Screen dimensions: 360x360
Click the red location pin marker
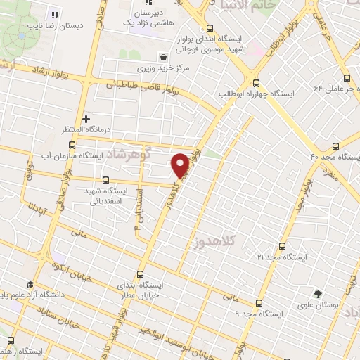181,165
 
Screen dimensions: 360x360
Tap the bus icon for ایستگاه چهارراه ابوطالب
256,81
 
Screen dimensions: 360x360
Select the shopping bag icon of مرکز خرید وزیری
163,57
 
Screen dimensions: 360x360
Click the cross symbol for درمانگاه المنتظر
86,119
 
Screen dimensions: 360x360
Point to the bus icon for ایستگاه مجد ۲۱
283,247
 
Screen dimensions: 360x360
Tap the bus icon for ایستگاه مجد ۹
259,303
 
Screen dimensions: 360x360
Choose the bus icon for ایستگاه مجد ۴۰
335,146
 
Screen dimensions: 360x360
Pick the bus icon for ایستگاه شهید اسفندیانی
106,179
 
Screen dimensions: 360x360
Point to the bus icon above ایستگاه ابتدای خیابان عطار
140,275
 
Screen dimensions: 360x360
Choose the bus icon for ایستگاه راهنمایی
11,340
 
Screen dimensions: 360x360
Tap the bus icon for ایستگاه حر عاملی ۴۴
346,79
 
